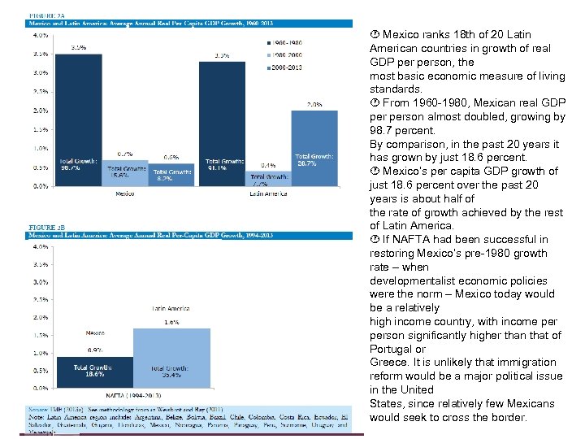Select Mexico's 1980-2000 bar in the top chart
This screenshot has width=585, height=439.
[125, 172]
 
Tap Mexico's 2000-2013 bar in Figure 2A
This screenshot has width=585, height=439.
[171, 174]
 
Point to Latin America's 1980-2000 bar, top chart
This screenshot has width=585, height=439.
[268, 178]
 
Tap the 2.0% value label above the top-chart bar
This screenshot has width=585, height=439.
[314, 105]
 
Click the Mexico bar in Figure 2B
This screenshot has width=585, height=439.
[95, 372]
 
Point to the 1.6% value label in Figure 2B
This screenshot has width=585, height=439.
[171, 323]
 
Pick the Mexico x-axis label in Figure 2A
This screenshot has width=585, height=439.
[124, 193]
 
